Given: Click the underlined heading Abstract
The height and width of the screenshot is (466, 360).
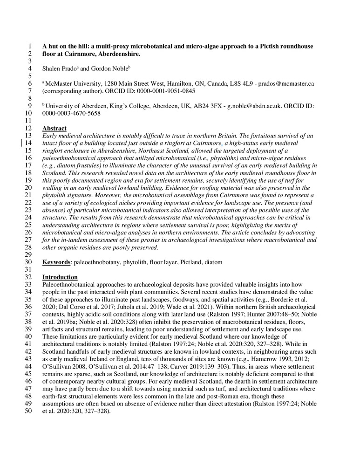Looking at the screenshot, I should pyautogui.click(x=54, y=128).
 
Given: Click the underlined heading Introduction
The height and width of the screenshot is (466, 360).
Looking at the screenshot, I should pyautogui.click(x=60, y=277).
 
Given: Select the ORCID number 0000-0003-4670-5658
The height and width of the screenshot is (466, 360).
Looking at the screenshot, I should pyautogui.click(x=71, y=113).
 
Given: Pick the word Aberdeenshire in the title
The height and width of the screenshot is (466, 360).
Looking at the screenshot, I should pyautogui.click(x=121, y=54).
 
